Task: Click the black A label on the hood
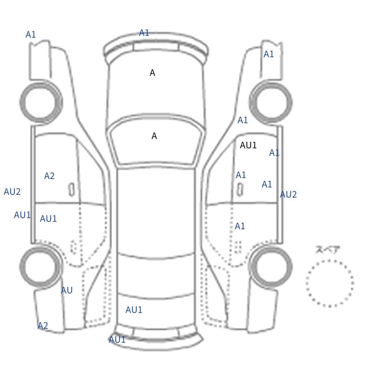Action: pos(153,73)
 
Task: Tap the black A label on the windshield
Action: pos(154,136)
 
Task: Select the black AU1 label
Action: pos(248,145)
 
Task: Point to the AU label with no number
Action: pos(66,290)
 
